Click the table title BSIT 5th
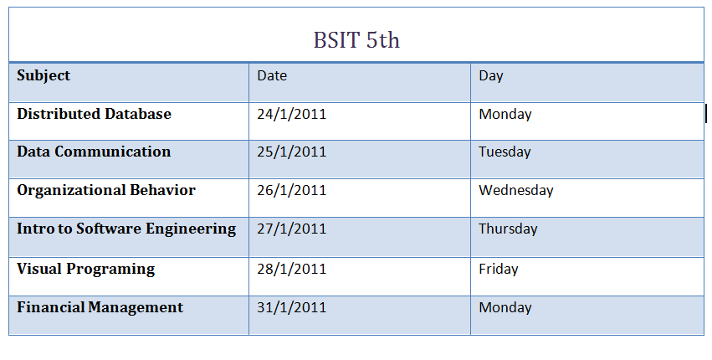point(356,40)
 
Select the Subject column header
point(44,75)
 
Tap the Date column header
point(272,75)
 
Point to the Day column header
point(491,75)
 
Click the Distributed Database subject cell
point(94,114)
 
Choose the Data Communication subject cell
point(94,152)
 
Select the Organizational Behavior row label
point(106,190)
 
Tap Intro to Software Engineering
point(126,229)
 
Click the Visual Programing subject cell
point(86,269)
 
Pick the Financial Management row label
point(100,307)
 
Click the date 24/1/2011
point(291,114)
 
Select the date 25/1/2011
point(291,152)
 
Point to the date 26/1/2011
point(291,190)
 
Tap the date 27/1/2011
point(291,229)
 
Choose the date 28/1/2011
point(291,269)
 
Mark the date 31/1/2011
point(291,307)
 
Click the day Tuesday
point(505,152)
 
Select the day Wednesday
point(516,190)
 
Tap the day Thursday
point(508,229)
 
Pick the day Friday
point(499,269)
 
